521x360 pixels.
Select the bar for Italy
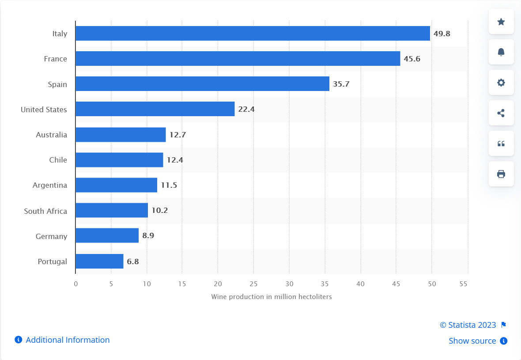253,34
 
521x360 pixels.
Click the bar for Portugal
99,261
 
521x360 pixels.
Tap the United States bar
155,109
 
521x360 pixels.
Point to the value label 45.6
412,59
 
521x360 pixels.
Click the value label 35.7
341,84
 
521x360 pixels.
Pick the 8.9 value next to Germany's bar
148,236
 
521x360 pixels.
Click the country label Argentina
50,185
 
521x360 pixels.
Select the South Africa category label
45,211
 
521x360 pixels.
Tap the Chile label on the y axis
58,160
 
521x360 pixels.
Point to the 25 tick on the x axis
253,284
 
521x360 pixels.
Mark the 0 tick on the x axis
76,284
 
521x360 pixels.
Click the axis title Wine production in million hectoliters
271,297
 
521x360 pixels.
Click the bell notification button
501,52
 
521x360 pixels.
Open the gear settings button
501,83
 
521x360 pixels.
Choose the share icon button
501,113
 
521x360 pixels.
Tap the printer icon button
501,174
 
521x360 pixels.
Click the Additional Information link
68,340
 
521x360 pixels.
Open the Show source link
472,341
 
